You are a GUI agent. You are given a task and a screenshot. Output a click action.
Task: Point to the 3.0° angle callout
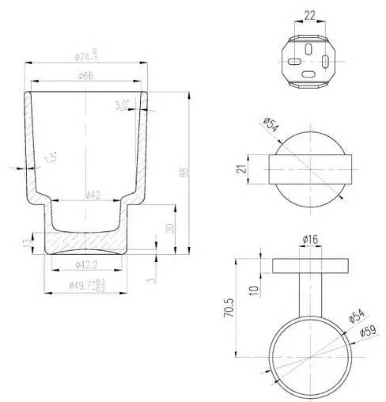[122, 104]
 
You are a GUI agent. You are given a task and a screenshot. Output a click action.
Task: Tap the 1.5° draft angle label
[51, 158]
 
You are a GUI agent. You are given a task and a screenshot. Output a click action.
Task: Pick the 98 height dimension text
[184, 170]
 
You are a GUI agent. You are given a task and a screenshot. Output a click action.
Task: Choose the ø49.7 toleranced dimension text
[89, 286]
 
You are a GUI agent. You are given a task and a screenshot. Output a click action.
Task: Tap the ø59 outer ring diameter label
[366, 332]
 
